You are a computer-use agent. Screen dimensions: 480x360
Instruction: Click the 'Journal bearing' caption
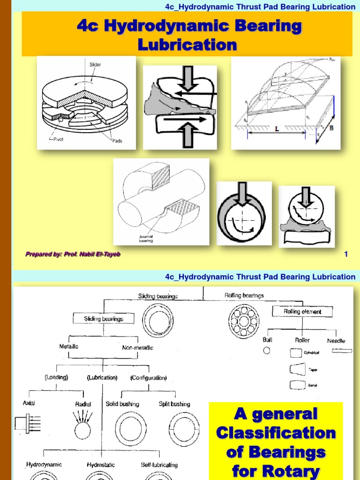pyautogui.click(x=145, y=239)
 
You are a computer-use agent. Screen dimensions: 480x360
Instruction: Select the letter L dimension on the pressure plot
pyautogui.click(x=277, y=127)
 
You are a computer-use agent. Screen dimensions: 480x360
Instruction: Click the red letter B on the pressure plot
pyautogui.click(x=331, y=128)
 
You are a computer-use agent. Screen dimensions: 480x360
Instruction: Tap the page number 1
pyautogui.click(x=346, y=254)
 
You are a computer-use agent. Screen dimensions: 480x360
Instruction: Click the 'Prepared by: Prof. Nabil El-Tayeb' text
pyautogui.click(x=73, y=254)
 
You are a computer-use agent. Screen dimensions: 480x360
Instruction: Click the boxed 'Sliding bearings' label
pyautogui.click(x=104, y=319)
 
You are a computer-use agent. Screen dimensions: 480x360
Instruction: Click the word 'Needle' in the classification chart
pyautogui.click(x=336, y=341)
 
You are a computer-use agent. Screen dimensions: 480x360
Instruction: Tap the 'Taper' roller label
pyautogui.click(x=313, y=370)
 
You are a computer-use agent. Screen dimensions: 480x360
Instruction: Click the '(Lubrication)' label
pyautogui.click(x=102, y=377)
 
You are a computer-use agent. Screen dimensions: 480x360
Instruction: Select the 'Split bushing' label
pyautogui.click(x=174, y=404)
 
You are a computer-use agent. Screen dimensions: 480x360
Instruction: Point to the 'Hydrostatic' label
pyautogui.click(x=101, y=465)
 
